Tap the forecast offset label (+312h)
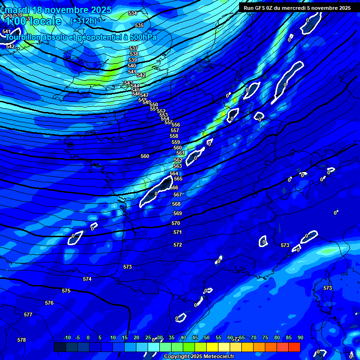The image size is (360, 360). coord(83,21)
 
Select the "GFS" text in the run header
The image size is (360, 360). coord(260,8)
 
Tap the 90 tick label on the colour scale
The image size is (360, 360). coord(300,337)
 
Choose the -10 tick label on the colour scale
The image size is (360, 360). coord(67,337)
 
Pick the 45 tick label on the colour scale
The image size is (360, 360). coord(195,337)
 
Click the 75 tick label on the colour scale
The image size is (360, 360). coord(265,337)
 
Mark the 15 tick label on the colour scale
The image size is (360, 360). coord(125,337)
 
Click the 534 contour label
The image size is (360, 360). coord(133,13)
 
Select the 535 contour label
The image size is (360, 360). coord(139,25)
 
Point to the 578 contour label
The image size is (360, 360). coord(22,340)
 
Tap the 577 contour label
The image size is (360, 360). coord(28,315)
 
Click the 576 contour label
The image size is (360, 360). coord(49,303)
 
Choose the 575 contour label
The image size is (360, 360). coord(66,291)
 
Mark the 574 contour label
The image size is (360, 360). coord(87,279)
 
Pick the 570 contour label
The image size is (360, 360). coord(176,223)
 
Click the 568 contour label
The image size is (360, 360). coord(176,204)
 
